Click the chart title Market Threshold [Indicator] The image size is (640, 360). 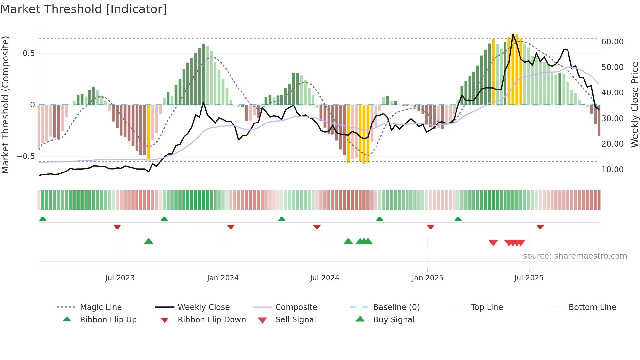click(x=84, y=9)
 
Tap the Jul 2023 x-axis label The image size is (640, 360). click(x=120, y=278)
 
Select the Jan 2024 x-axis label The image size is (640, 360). click(x=223, y=278)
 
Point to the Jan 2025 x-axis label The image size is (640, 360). click(x=427, y=278)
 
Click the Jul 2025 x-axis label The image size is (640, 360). click(x=529, y=278)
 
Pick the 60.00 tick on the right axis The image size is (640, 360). click(x=612, y=42)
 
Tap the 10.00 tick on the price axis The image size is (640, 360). click(x=612, y=170)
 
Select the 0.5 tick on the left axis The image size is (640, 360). click(x=28, y=53)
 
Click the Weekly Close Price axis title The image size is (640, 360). click(x=634, y=105)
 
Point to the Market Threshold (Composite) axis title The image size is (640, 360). click(x=5, y=105)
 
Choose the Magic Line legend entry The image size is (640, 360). click(x=101, y=307)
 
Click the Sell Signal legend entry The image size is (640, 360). click(x=296, y=320)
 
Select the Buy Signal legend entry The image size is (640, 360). click(x=393, y=320)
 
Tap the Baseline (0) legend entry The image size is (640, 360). click(x=396, y=307)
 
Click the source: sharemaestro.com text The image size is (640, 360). click(x=575, y=256)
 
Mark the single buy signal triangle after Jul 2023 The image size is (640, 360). click(x=149, y=241)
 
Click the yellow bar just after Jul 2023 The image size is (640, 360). click(x=149, y=132)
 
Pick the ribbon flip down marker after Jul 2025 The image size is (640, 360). click(x=540, y=227)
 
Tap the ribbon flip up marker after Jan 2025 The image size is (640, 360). click(x=458, y=219)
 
